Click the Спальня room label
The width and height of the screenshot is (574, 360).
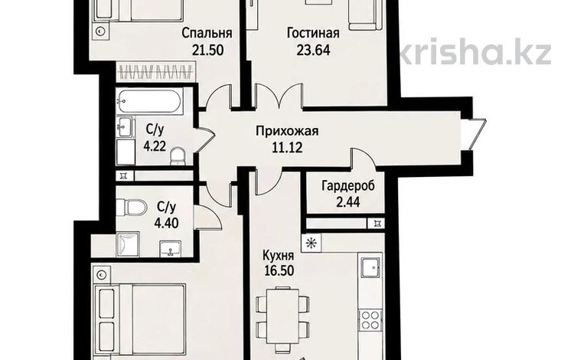pyautogui.click(x=207, y=33)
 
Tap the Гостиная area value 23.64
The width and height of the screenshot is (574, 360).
pyautogui.click(x=313, y=50)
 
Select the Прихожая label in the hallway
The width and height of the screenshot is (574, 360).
pyautogui.click(x=287, y=132)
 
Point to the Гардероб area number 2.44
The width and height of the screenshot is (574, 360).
pyautogui.click(x=347, y=201)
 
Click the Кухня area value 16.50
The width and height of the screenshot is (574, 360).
pyautogui.click(x=279, y=271)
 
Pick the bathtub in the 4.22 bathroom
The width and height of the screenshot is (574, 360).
pyautogui.click(x=149, y=100)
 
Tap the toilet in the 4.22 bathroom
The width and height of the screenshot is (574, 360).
pyautogui.click(x=178, y=156)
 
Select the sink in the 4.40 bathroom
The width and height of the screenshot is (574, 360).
pyautogui.click(x=170, y=248)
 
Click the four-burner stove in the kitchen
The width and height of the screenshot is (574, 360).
pyautogui.click(x=370, y=319)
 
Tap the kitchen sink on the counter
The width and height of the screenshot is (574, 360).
pyautogui.click(x=370, y=267)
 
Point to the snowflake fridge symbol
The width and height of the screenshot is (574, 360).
pyautogui.click(x=311, y=243)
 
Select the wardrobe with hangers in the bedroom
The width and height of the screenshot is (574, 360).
pyautogui.click(x=156, y=71)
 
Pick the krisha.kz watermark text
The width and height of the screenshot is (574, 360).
pyautogui.click(x=474, y=51)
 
